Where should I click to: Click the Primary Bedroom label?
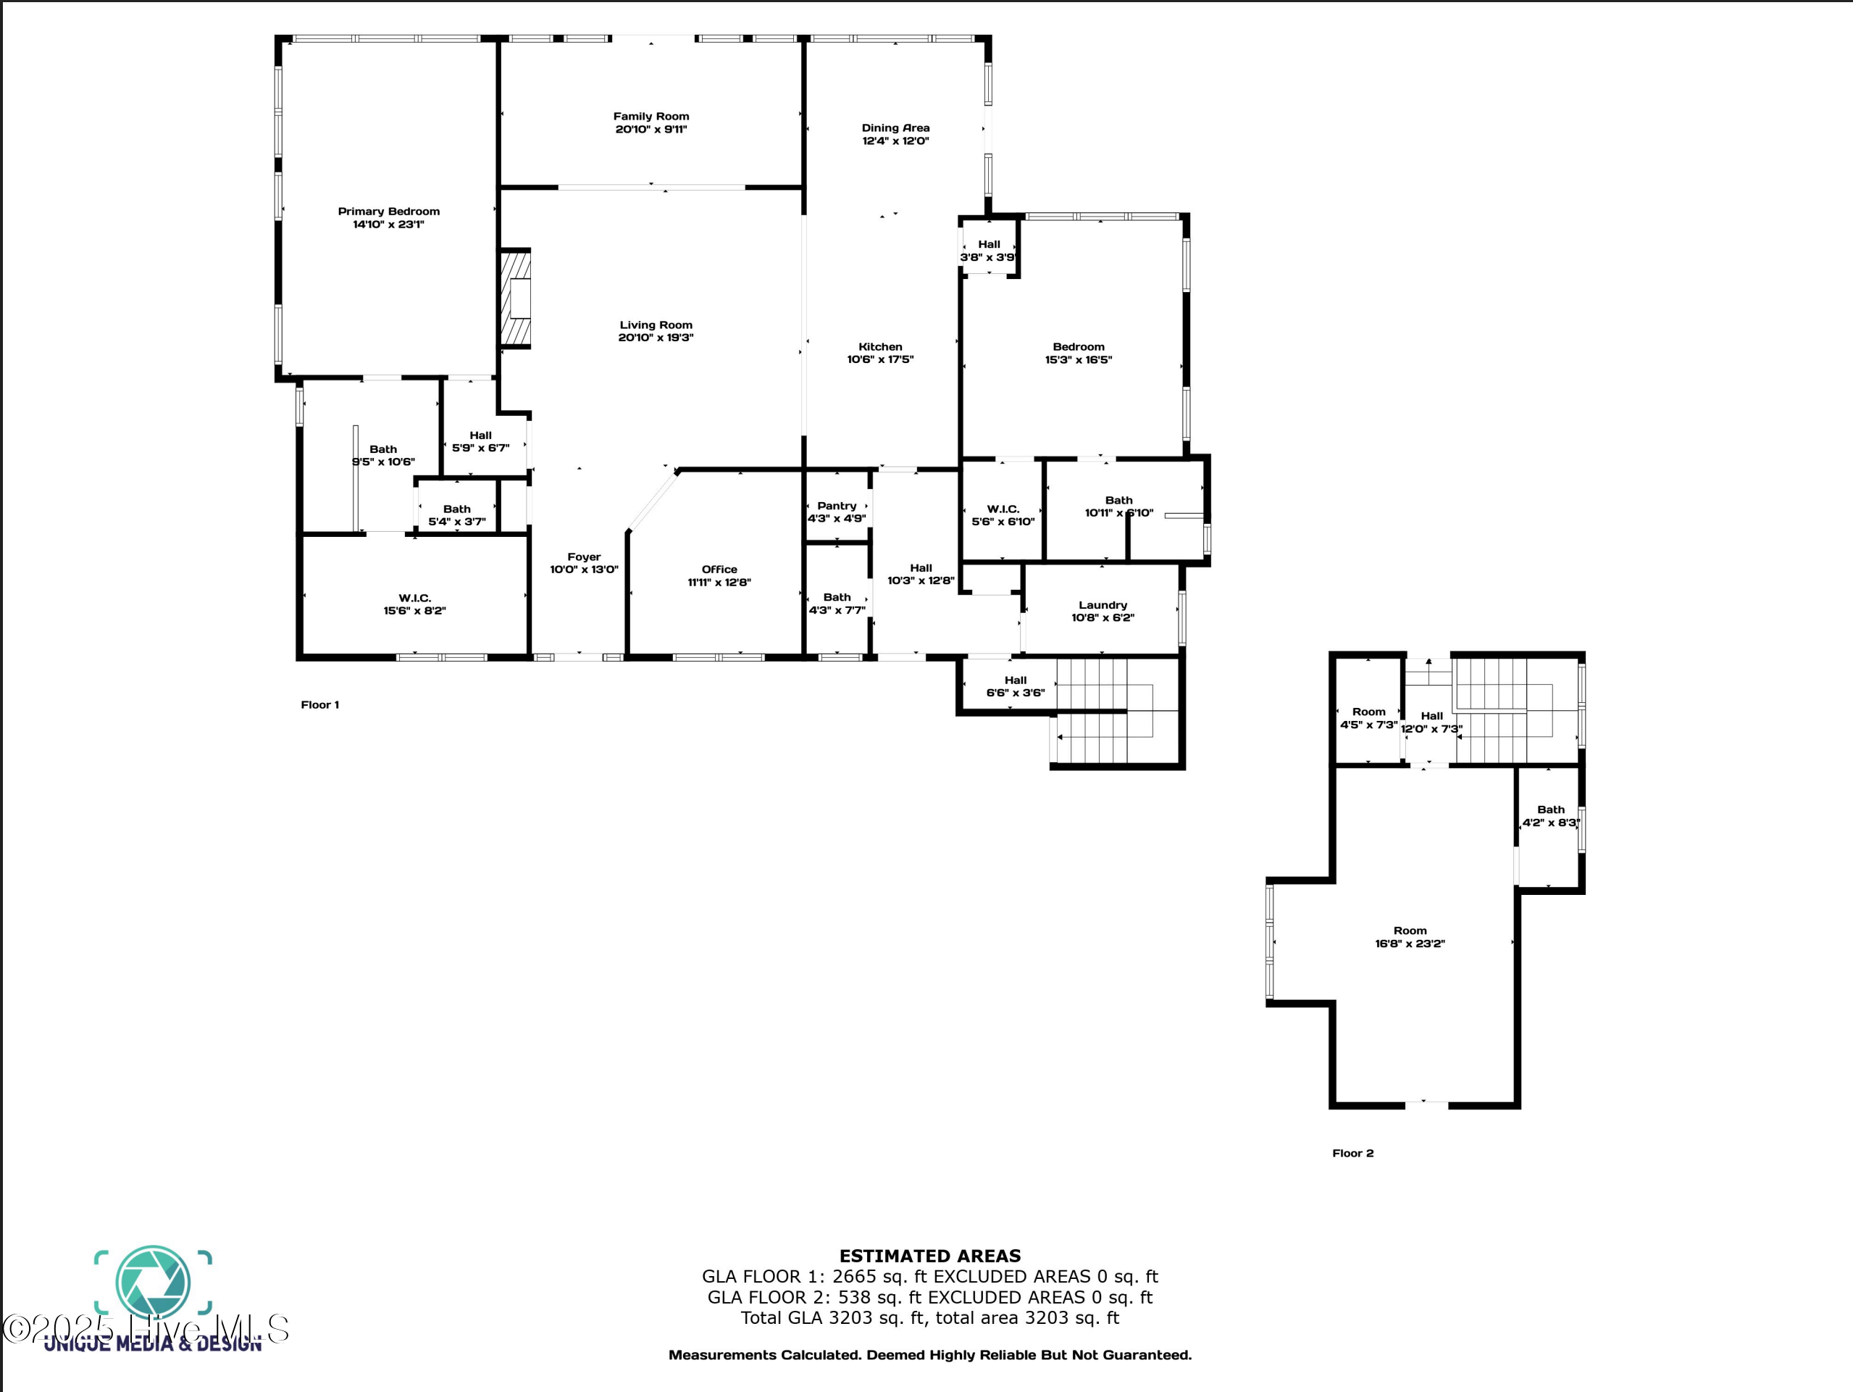(389, 211)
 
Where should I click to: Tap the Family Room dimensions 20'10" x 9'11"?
(651, 129)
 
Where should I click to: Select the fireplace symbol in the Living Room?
(516, 298)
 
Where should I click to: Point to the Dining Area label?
(895, 128)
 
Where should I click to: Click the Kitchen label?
(880, 347)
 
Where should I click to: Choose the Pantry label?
(837, 507)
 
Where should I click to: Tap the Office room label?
(719, 570)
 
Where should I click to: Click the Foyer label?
(584, 557)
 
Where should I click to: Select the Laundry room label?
(1103, 605)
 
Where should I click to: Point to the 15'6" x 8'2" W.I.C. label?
(414, 604)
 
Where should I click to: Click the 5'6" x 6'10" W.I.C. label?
(1003, 515)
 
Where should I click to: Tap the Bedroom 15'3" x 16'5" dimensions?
(1078, 359)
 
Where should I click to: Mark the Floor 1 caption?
(320, 705)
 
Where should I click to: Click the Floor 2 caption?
(1353, 1153)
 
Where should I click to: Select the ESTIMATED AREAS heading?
(930, 1256)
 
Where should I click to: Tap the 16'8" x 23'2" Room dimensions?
(1410, 943)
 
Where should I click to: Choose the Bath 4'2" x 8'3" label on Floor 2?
(1551, 816)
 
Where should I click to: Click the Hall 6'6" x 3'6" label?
(1016, 686)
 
